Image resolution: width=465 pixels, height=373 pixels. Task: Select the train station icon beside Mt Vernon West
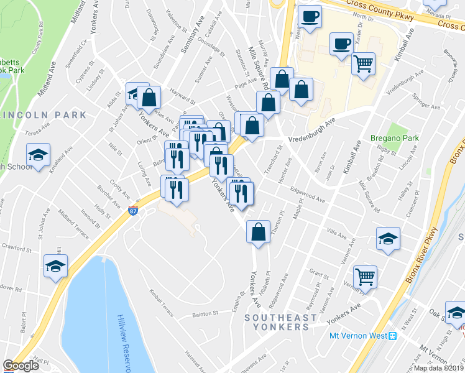(x=392, y=336)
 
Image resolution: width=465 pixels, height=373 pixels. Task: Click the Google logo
(x=21, y=366)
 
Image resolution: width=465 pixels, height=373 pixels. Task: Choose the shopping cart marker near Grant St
(x=365, y=277)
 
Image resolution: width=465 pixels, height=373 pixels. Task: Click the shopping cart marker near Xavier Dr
(x=363, y=63)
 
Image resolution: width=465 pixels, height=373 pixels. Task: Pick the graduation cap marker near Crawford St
(x=55, y=267)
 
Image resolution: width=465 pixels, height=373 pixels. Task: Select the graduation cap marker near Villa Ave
(x=388, y=238)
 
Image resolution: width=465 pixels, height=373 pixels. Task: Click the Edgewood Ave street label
(x=307, y=198)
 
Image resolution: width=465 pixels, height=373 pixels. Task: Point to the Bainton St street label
(x=206, y=314)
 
